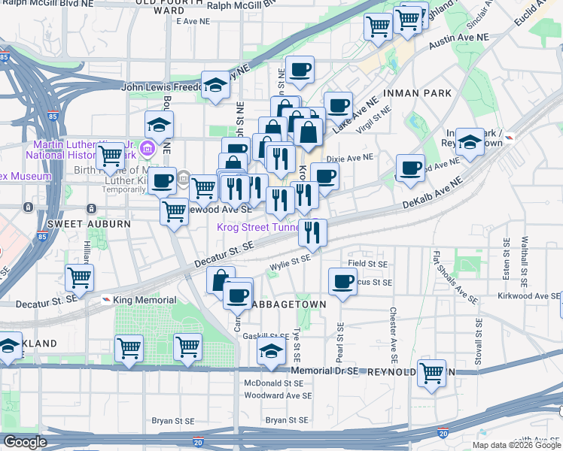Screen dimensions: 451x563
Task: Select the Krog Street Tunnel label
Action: pos(260,227)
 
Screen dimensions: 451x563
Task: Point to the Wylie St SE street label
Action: pos(290,261)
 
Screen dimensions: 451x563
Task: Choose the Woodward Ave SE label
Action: pos(278,395)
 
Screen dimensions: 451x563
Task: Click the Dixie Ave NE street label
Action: pos(350,159)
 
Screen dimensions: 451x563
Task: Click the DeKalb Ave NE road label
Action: pos(431,195)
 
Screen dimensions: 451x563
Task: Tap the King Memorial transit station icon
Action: pos(105,300)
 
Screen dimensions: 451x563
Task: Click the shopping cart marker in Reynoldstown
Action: pos(432,372)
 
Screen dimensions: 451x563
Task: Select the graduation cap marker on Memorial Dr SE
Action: pos(271,350)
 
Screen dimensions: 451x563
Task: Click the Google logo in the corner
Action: pos(24,442)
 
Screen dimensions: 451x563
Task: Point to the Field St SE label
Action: pos(367,265)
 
